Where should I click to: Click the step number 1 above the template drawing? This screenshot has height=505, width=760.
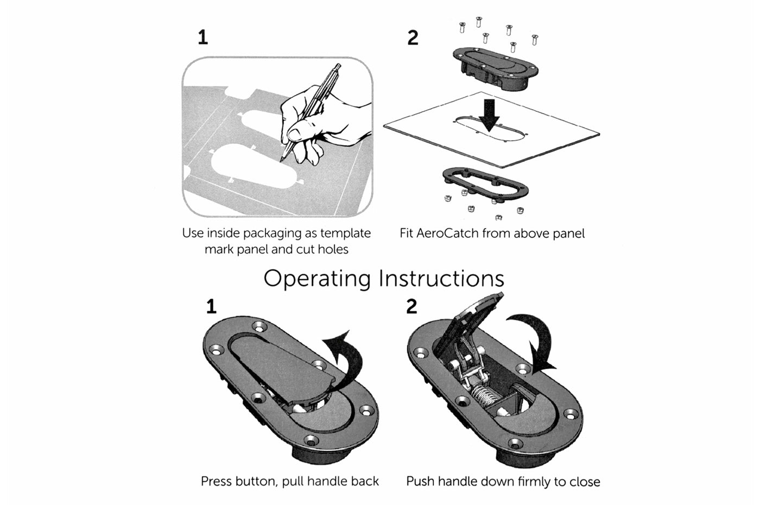tap(202, 37)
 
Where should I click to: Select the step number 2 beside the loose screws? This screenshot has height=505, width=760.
tap(413, 37)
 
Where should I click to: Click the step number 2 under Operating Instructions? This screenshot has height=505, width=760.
tap(411, 307)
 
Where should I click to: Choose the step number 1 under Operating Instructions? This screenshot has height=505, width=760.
tap(211, 307)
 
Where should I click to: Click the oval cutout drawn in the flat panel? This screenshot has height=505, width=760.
tap(491, 129)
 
